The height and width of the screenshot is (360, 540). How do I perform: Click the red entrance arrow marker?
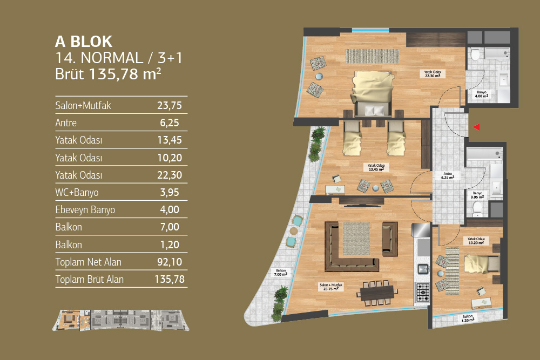pyautogui.click(x=477, y=127)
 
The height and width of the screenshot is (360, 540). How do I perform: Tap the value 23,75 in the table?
pyautogui.click(x=170, y=105)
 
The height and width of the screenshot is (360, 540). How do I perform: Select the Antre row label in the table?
pyautogui.click(x=66, y=123)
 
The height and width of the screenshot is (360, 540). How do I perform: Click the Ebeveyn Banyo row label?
pyautogui.click(x=85, y=209)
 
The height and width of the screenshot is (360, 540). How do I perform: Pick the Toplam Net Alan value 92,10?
pyautogui.click(x=170, y=262)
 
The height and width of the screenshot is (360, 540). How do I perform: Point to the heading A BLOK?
pyautogui.click(x=84, y=42)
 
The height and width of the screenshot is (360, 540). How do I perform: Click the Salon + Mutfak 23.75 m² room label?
pyautogui.click(x=331, y=287)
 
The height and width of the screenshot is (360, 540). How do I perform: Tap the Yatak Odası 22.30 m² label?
pyautogui.click(x=433, y=74)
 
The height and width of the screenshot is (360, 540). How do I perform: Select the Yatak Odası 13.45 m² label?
pyautogui.click(x=376, y=167)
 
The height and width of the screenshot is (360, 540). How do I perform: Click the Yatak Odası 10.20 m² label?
pyautogui.click(x=476, y=241)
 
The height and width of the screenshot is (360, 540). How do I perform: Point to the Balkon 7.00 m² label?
pyautogui.click(x=281, y=273)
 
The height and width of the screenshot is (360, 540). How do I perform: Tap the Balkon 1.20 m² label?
pyautogui.click(x=468, y=318)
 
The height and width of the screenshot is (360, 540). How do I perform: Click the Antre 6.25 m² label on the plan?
pyautogui.click(x=448, y=175)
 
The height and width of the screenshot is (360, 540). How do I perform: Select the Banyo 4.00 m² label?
pyautogui.click(x=482, y=94)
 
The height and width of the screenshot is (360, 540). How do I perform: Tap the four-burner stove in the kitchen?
pyautogui.click(x=422, y=292)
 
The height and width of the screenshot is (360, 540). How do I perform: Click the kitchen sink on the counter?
pyautogui.click(x=423, y=268)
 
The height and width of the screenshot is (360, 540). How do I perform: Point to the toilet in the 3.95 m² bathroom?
pyautogui.click(x=478, y=209)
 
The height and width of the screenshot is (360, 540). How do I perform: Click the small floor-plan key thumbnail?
pyautogui.click(x=120, y=320)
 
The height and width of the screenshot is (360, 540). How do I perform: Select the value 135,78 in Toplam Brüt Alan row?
pyautogui.click(x=170, y=279)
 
